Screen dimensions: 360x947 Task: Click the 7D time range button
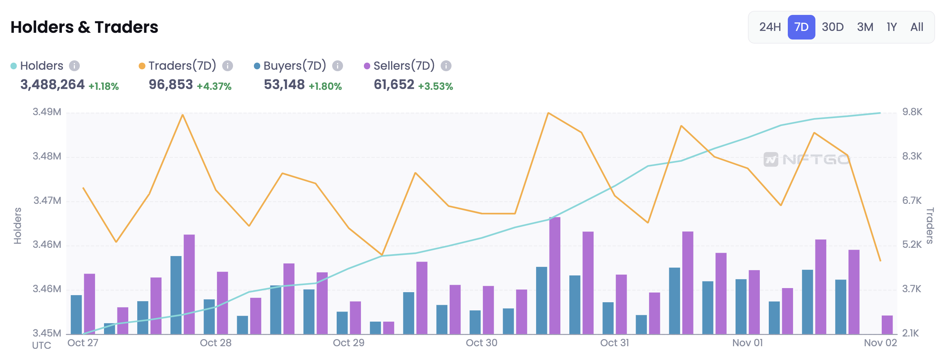(801, 27)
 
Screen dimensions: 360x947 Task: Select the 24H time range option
(770, 27)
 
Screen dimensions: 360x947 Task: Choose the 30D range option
(833, 27)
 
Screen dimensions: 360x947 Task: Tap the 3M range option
(865, 27)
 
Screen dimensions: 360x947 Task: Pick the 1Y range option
(891, 27)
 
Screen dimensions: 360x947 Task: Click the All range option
(917, 27)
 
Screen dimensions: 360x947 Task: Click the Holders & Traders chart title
(84, 27)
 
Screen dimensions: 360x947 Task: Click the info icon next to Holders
(75, 66)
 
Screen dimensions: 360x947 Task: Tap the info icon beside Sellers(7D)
(446, 66)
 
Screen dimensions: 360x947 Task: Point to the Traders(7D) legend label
(182, 66)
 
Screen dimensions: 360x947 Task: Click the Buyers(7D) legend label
(295, 66)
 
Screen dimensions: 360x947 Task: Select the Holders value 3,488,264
(53, 85)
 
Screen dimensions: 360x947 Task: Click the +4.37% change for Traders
(214, 86)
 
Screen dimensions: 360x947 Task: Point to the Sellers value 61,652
(394, 85)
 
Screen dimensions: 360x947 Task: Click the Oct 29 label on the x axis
(349, 343)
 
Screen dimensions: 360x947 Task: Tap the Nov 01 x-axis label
(748, 343)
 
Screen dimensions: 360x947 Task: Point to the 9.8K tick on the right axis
(912, 112)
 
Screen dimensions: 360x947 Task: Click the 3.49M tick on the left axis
(47, 112)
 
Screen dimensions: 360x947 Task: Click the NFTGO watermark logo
(806, 160)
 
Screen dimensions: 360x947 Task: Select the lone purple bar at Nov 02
(887, 325)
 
